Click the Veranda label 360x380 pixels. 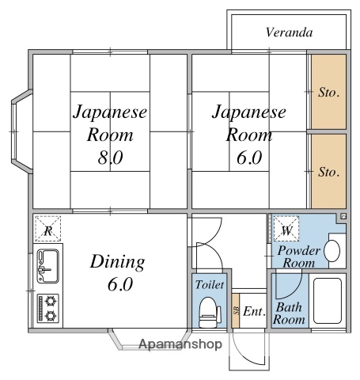point(289,32)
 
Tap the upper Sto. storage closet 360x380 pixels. point(328,92)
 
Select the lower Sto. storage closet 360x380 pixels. point(328,171)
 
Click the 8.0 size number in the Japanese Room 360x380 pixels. point(110,158)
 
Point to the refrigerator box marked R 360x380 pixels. point(48,229)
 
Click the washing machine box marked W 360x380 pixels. point(286,229)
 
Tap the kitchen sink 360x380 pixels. point(47,266)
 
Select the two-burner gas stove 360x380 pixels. point(47,308)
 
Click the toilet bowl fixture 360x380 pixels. point(210,313)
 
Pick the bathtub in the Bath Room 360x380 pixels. point(328,301)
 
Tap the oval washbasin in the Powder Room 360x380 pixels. point(332,251)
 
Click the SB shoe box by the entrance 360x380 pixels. point(236,310)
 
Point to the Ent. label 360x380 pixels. point(254,312)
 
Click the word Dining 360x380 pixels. point(117,262)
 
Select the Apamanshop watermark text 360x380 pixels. point(180,344)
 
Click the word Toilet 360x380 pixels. point(210,285)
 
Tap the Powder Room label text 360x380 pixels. point(299,256)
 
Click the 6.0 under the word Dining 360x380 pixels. point(120,284)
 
